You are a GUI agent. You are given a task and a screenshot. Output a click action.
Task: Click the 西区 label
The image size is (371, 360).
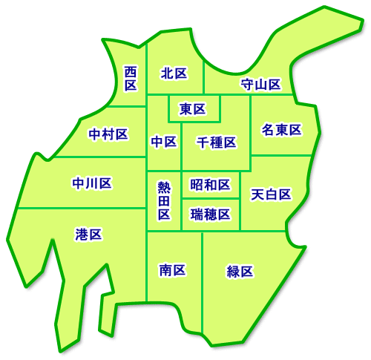tap(131, 78)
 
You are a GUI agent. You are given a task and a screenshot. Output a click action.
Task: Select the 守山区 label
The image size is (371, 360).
tap(260, 84)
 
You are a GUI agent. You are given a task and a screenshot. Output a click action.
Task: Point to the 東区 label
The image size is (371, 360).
tap(193, 110)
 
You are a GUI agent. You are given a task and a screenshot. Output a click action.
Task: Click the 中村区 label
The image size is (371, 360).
tap(108, 134)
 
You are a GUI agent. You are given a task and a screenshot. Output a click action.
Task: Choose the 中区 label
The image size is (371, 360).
tap(163, 141)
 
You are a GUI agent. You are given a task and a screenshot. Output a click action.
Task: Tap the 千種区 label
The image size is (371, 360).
tap(217, 142)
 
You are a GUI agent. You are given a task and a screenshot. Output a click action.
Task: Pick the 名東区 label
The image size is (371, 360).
tap(282, 130)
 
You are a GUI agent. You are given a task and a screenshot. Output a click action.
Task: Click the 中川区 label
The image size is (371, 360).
tap(92, 183)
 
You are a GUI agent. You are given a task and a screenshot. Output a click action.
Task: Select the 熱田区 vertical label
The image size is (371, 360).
tap(164, 200)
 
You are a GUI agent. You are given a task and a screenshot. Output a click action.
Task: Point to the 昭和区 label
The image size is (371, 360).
tap(210, 184)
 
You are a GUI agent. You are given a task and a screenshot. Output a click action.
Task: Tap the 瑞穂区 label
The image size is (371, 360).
tap(210, 215)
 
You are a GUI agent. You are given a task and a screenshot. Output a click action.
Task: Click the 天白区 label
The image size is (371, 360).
tap(271, 194)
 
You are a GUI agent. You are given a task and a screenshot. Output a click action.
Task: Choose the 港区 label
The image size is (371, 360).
tap(88, 235)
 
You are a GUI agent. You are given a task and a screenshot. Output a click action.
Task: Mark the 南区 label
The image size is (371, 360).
tap(173, 270)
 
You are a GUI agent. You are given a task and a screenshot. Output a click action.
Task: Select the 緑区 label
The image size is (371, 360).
tap(240, 271)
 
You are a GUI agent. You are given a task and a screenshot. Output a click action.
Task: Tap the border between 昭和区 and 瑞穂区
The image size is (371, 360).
tap(210, 199)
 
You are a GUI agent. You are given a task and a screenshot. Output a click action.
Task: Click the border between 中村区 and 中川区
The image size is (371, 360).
tap(96, 157)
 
